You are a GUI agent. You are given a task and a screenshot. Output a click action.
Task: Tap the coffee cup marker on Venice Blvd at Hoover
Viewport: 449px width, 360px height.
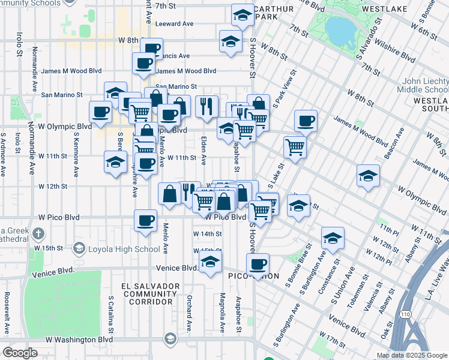coord(258,264)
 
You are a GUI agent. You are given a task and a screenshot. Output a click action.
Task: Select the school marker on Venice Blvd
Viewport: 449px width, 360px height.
coord(210,262)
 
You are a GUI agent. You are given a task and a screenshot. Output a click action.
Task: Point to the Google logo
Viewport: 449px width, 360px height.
coord(20,353)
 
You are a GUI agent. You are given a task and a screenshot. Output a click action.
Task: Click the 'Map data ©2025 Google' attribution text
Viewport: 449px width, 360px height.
coord(412,355)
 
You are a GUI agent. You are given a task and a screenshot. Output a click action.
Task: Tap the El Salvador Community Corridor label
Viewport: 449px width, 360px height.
coord(150,294)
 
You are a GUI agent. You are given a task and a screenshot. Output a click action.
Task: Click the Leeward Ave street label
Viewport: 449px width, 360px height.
coord(174,23)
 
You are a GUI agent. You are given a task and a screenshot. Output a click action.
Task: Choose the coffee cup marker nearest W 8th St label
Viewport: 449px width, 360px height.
coord(151,48)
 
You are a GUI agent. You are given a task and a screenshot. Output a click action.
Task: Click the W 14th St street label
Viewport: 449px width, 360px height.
coord(207,234)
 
